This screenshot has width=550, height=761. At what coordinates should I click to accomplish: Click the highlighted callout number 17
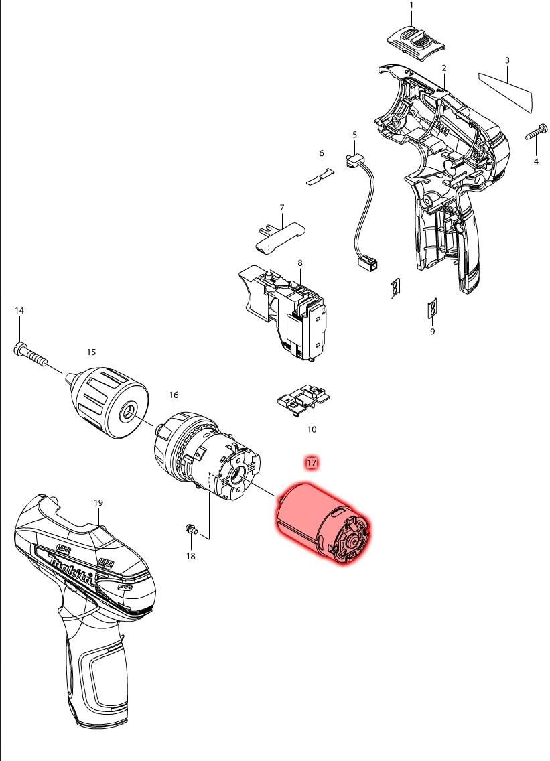pos(311,462)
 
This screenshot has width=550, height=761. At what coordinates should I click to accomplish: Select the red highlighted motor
pos(324,524)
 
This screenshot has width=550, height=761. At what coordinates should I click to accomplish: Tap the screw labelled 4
pos(537,133)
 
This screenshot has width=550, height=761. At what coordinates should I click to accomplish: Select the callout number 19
pos(98,502)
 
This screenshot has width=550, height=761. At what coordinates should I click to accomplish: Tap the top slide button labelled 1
pos(416,43)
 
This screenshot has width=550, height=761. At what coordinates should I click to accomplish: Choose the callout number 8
pos(300,263)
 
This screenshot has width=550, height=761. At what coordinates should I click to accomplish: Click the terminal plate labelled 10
pos(303,397)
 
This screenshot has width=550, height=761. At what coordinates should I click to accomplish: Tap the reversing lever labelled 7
pos(279,235)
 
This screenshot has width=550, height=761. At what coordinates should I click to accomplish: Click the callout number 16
pos(174,395)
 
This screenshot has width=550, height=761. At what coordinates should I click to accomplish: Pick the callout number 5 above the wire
pos(354,135)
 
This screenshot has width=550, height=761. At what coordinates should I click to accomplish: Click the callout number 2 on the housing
pos(444,68)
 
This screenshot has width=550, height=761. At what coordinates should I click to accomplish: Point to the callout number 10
pos(312,429)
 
